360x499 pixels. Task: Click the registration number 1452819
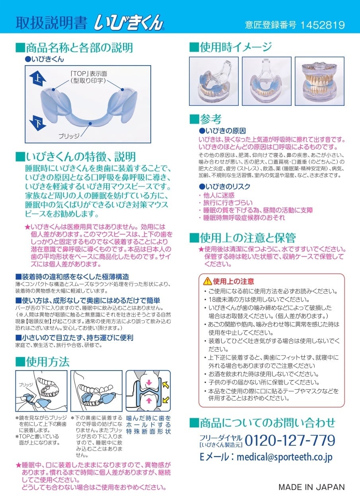[x=322, y=25]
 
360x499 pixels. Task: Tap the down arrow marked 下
[x=37, y=123]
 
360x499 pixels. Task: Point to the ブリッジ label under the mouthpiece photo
[x=69, y=136]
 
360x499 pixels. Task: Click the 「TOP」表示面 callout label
[x=89, y=74]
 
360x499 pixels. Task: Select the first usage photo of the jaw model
[x=214, y=81]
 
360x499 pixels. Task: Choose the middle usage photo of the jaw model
[x=267, y=81]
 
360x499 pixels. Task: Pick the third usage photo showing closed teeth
[x=319, y=81]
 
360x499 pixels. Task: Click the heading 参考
[x=210, y=119]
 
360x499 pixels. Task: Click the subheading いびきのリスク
[x=228, y=186]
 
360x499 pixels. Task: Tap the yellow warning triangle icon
[x=207, y=281]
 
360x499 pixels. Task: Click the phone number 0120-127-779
[x=290, y=440]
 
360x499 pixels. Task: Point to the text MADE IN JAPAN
[x=311, y=487]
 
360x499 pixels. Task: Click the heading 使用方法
[x=47, y=361]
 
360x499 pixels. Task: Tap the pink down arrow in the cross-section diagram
[x=149, y=383]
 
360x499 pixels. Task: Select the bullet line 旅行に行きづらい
[x=228, y=202]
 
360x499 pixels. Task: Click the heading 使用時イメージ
[x=235, y=47]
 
